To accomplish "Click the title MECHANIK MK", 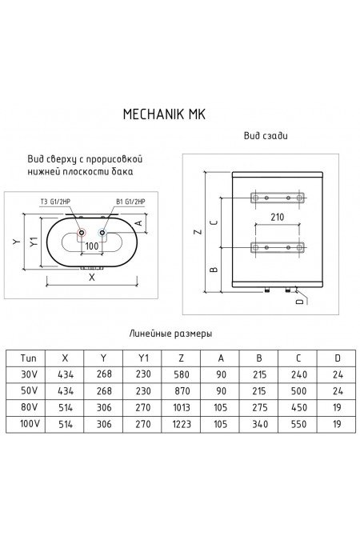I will pos(166,114).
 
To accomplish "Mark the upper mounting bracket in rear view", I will pos(276,197).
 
